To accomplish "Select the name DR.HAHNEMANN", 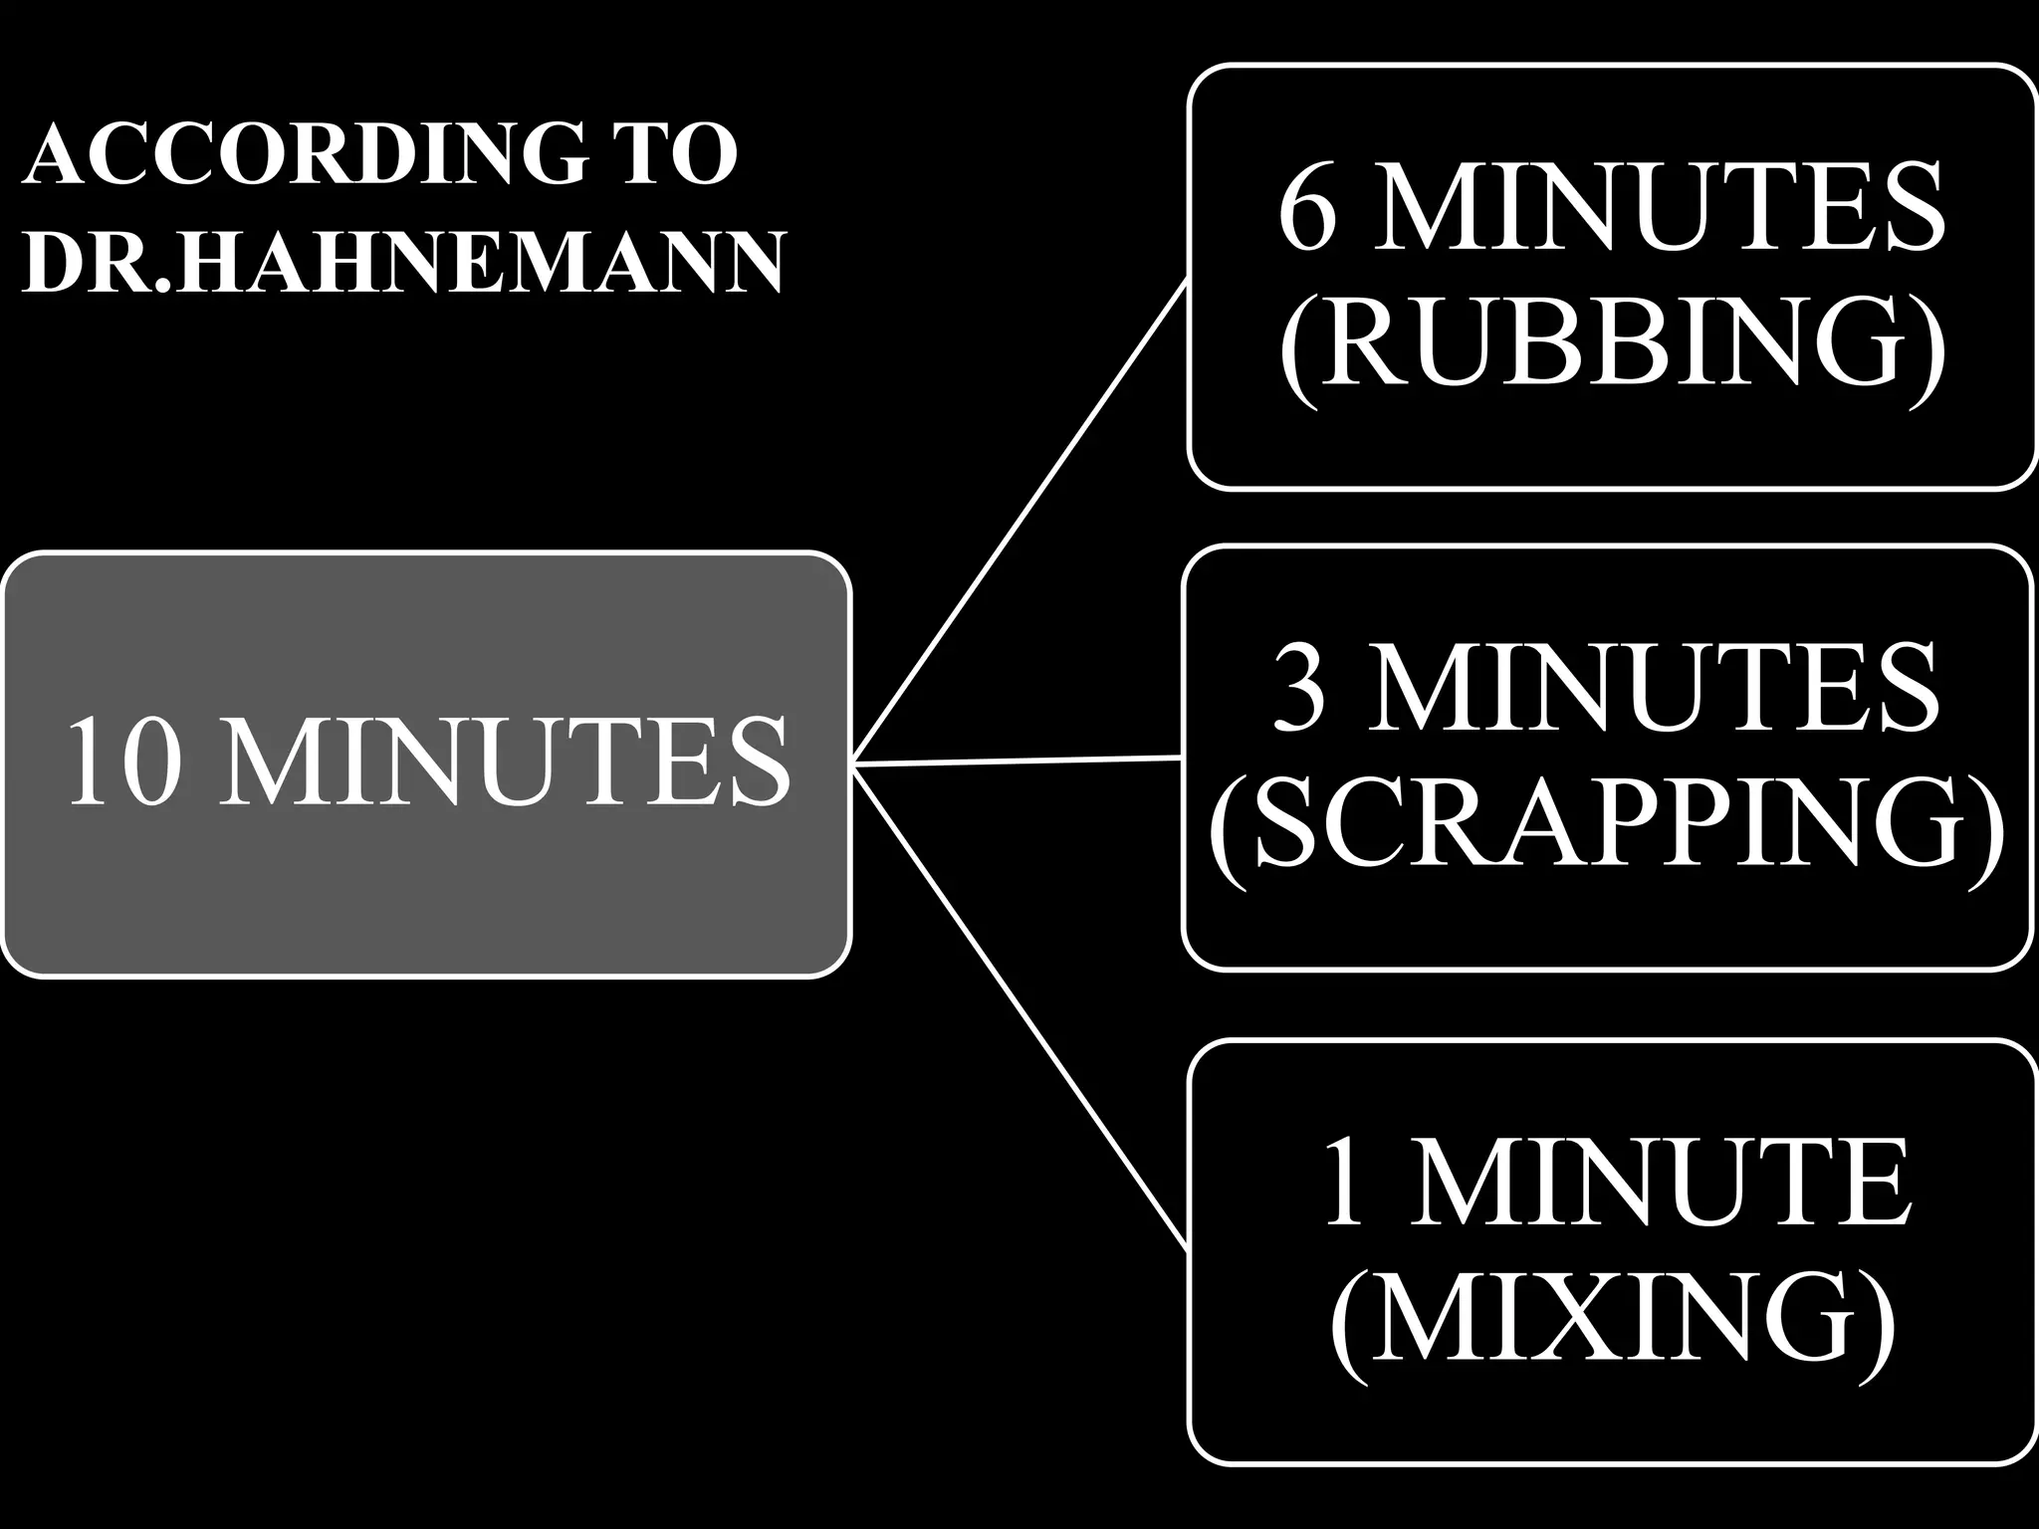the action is (403, 262).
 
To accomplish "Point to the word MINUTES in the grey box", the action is (504, 763).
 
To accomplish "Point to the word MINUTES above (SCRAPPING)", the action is (1653, 685).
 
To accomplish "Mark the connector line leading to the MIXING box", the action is (1021, 1006).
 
